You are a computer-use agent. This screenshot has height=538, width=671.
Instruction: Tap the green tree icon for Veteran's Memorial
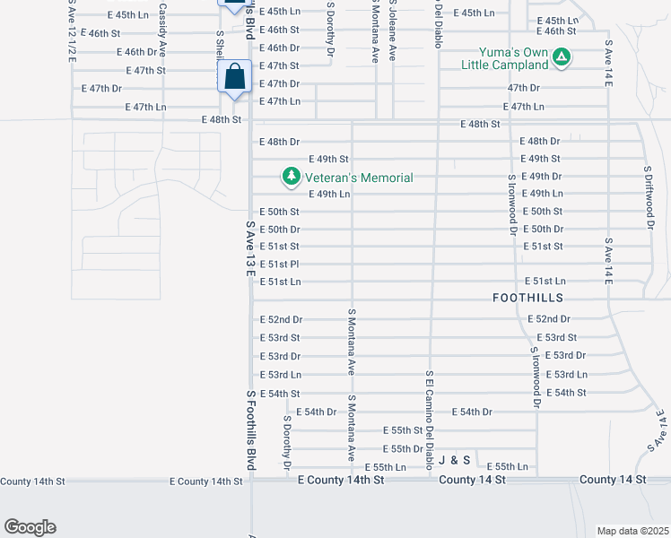coord(291,178)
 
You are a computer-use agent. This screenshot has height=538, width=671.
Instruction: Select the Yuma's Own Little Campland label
coord(504,58)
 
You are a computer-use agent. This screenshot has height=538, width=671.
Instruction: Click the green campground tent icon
coord(562,58)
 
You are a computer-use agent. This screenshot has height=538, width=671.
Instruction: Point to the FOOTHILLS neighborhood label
coord(527,297)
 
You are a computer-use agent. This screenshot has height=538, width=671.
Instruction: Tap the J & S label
coord(455,460)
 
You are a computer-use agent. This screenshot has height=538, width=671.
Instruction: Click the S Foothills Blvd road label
coord(251,429)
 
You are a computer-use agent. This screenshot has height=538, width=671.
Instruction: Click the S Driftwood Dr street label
coord(647,196)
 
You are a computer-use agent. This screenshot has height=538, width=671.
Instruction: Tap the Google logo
coord(30,527)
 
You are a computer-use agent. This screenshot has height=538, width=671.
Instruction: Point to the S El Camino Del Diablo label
coord(431,420)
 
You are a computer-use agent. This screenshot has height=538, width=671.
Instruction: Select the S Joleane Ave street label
coord(393,30)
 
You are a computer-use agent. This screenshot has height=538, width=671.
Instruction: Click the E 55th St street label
coord(402,430)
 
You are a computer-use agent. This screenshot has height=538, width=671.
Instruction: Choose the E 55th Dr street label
coord(402,448)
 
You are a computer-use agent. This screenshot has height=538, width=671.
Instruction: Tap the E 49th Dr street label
coord(541,177)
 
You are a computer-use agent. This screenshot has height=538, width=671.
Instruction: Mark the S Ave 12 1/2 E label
coord(72,30)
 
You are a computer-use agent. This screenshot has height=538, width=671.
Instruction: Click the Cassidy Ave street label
coord(162,30)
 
